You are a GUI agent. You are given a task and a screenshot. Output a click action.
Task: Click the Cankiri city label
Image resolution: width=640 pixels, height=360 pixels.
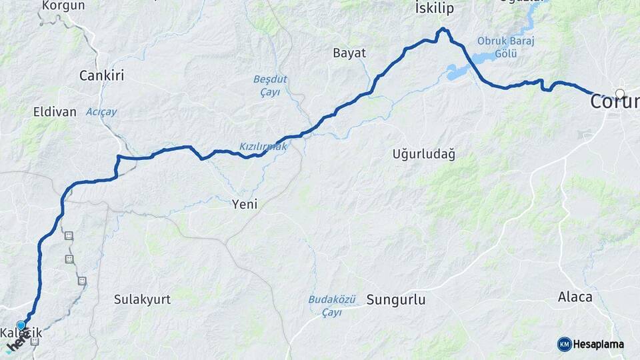click(x=102, y=75)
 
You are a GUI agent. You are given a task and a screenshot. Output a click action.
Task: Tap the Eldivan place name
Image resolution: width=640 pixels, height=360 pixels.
click(x=55, y=112)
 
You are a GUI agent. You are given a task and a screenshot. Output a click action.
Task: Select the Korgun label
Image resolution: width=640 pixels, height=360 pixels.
click(x=63, y=6)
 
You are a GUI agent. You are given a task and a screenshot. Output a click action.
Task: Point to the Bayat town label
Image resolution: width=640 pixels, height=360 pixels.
click(x=349, y=53)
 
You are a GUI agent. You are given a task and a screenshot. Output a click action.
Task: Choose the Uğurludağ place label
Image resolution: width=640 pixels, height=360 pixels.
click(x=423, y=155)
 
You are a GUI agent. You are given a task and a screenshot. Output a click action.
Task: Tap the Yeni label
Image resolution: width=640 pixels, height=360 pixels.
click(x=245, y=204)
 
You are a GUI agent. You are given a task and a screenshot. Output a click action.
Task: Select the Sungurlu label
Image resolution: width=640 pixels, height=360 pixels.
click(x=395, y=299)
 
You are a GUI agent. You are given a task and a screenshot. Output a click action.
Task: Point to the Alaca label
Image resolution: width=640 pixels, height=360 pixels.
click(x=575, y=297)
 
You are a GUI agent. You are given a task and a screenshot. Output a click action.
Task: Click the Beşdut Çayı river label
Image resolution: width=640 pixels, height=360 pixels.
click(x=270, y=85)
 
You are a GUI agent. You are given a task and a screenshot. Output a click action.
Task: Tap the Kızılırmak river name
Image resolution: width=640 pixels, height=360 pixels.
click(x=263, y=147)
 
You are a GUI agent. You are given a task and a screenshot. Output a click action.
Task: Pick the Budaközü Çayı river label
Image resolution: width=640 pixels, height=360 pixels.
click(x=332, y=306)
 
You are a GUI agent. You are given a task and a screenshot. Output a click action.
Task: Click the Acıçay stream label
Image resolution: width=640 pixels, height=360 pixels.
click(x=101, y=112)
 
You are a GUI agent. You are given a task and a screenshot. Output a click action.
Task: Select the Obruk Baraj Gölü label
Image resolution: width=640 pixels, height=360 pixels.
click(x=506, y=47)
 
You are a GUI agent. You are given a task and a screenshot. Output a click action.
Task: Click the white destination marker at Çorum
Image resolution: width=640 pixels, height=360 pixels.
click(x=620, y=94)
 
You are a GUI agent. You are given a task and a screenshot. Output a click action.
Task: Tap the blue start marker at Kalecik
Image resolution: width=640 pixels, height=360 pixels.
click(x=21, y=326)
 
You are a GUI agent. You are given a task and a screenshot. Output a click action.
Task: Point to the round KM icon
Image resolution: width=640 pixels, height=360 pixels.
click(x=564, y=344)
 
